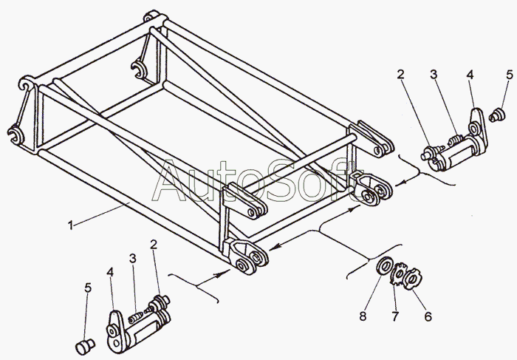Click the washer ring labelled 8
click(384, 267)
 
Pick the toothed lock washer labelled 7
click(400, 276)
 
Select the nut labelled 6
click(415, 279)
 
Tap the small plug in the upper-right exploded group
click(497, 114)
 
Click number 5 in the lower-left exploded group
click(87, 288)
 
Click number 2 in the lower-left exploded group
click(154, 244)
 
